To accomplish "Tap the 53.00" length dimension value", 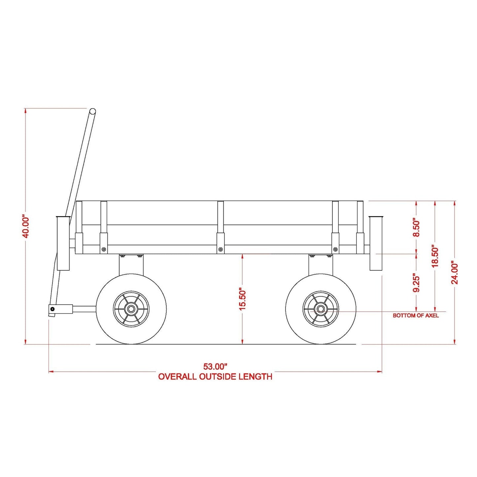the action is (x=215, y=366).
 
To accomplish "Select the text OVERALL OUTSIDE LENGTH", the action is (x=215, y=377).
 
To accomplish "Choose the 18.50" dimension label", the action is (x=435, y=256).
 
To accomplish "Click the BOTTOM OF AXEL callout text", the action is (x=416, y=316).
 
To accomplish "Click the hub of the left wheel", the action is (x=131, y=309).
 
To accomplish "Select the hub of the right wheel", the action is (x=321, y=309).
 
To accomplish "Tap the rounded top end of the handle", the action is (x=92, y=112).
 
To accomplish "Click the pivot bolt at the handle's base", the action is (x=52, y=309).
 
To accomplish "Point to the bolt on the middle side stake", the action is (x=220, y=250).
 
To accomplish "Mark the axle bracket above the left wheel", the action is (x=131, y=265).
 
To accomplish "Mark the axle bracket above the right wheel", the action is (x=321, y=265).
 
